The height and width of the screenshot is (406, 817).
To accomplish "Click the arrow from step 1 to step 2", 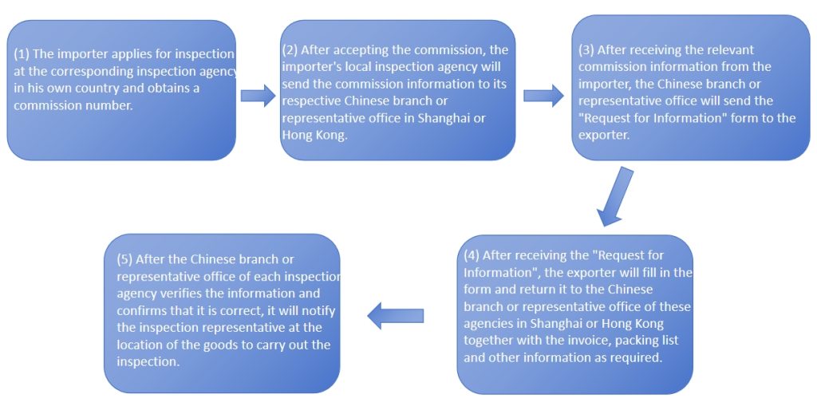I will point(257,96).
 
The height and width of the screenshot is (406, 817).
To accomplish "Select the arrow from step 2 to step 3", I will point(543,96).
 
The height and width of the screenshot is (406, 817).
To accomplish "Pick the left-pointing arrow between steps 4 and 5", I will point(395,316).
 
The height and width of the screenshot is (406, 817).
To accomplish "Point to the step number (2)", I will point(291,50).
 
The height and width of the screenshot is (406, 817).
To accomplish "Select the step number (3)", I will point(586,49).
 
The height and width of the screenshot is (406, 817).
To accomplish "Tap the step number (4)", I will point(472,255).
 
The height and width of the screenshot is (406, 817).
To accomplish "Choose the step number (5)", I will point(124,259).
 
